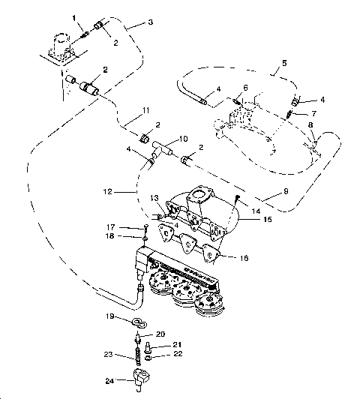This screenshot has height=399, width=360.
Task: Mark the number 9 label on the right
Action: tap(286, 190)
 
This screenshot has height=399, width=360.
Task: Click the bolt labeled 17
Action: tap(142, 229)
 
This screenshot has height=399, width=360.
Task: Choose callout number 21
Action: tap(177, 344)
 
